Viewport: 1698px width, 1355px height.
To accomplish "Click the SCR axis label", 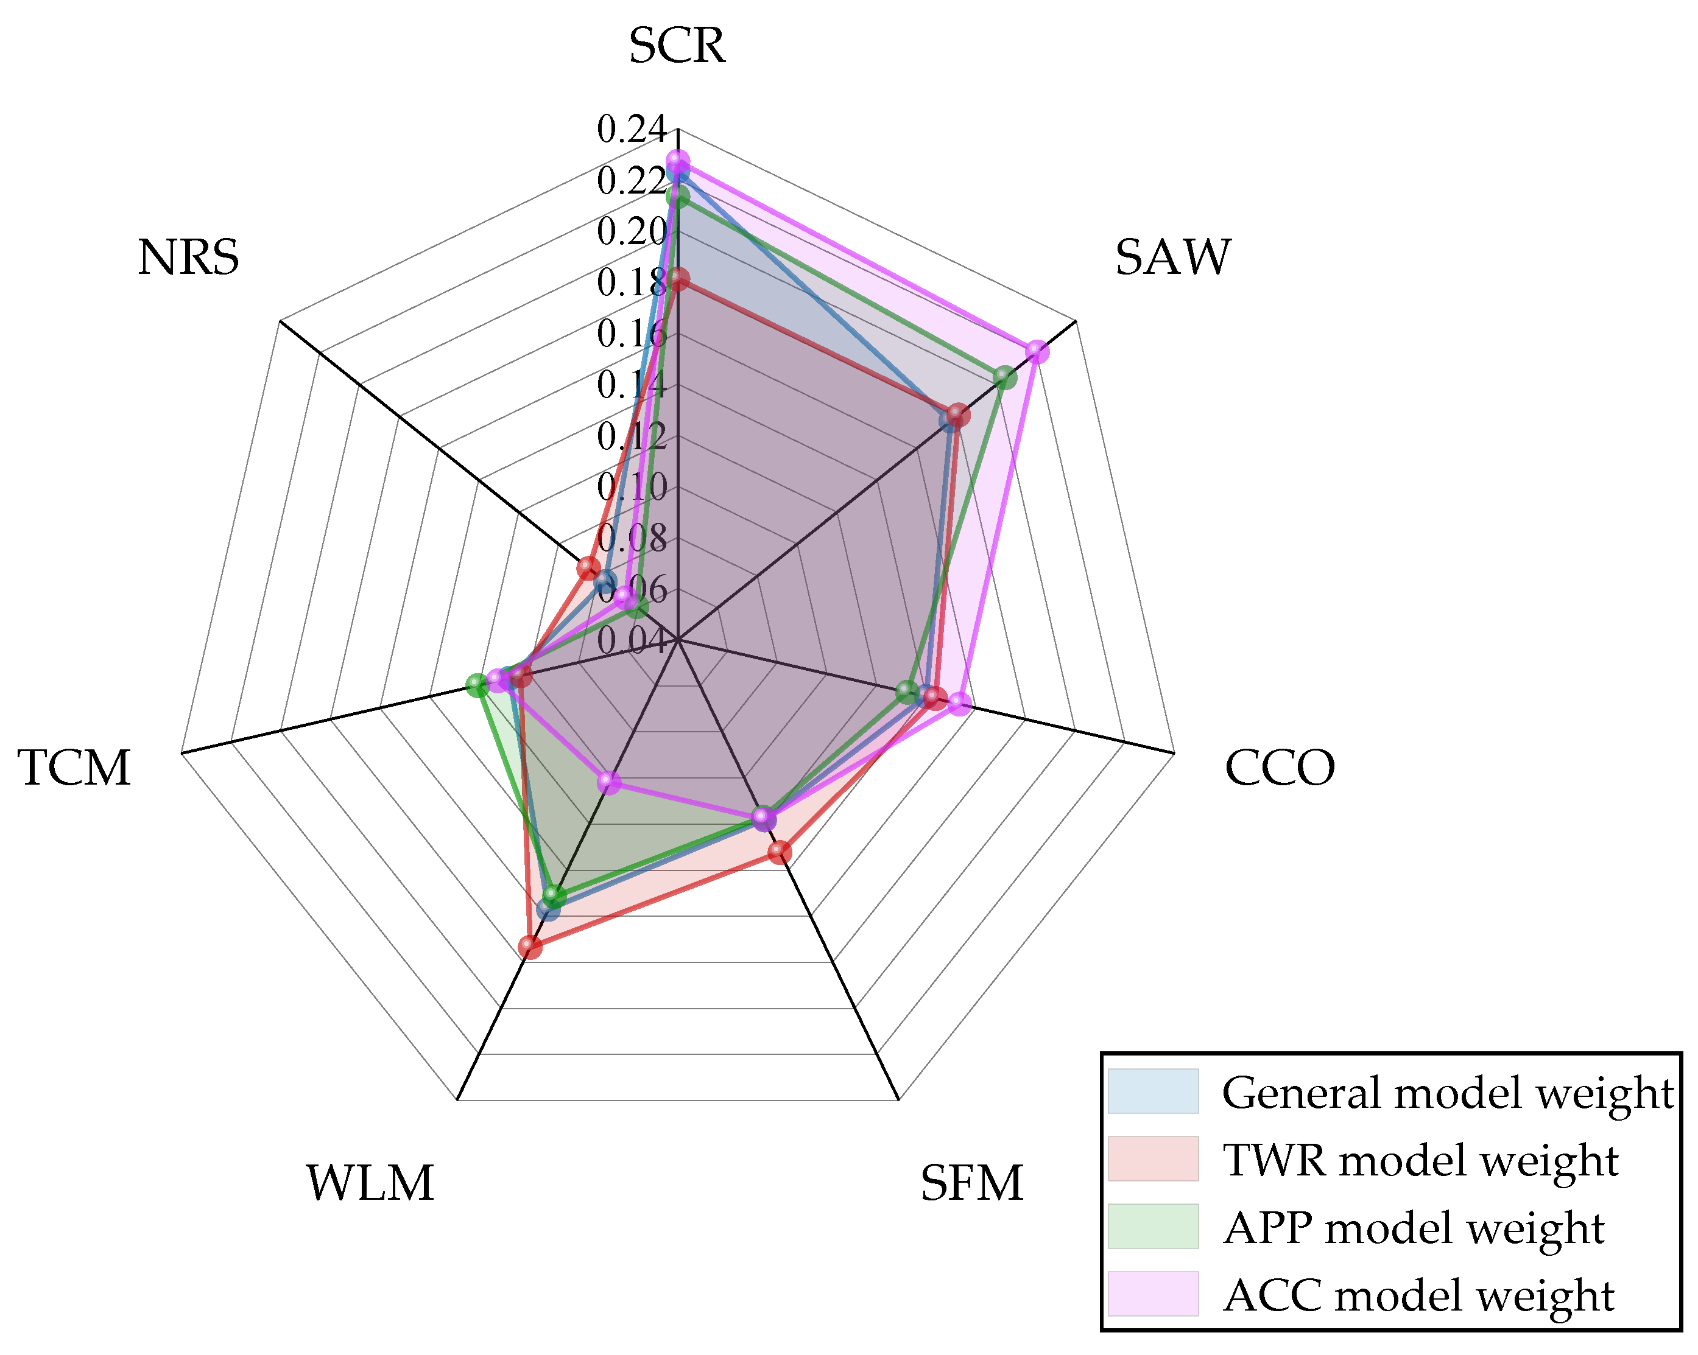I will pos(677,46).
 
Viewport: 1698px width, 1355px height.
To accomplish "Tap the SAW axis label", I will pos(1172,257).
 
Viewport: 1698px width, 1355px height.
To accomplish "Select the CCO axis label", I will pos(1280,768).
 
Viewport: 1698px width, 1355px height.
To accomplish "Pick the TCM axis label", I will pos(74,768).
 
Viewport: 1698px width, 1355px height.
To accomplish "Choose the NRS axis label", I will pos(188,257).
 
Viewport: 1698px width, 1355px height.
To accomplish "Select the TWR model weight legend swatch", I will pos(1153,1158).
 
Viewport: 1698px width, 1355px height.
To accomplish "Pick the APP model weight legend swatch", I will pos(1153,1226).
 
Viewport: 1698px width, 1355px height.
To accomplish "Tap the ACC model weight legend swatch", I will pos(1153,1294).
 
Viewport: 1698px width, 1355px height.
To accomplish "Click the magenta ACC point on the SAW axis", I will pos(1037,352).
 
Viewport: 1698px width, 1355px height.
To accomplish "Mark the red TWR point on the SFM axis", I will pos(780,852).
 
